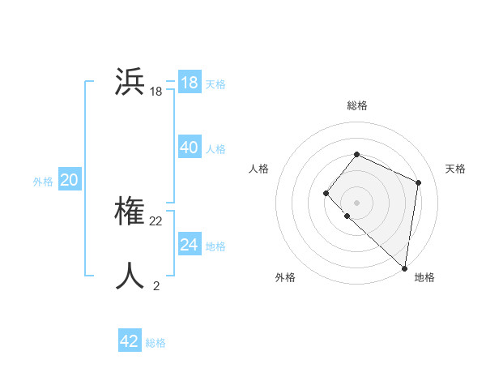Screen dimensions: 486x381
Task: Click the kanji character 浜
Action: point(130,83)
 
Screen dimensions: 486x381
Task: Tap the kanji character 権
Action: point(130,212)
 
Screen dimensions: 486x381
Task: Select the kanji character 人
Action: point(130,276)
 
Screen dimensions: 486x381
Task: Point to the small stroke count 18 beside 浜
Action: point(156,92)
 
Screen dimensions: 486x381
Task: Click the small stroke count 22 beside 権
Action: point(156,221)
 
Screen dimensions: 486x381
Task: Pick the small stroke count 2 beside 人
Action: point(156,285)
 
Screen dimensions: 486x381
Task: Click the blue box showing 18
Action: point(190,83)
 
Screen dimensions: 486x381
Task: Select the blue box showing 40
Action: point(190,148)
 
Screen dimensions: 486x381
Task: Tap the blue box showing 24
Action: point(190,245)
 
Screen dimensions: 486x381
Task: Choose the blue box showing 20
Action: point(70,180)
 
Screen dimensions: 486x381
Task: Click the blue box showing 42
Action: point(130,341)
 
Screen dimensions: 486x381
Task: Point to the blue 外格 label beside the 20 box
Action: point(43,182)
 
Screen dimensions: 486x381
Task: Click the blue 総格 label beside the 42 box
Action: point(156,343)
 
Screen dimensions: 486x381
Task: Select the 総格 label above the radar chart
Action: point(357,105)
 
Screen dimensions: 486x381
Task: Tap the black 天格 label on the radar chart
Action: point(456,169)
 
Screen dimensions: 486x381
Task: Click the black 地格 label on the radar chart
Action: point(424,277)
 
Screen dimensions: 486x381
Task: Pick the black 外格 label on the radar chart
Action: point(285,277)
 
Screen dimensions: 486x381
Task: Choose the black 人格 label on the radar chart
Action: point(258,169)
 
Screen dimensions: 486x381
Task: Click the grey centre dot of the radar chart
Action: point(357,203)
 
